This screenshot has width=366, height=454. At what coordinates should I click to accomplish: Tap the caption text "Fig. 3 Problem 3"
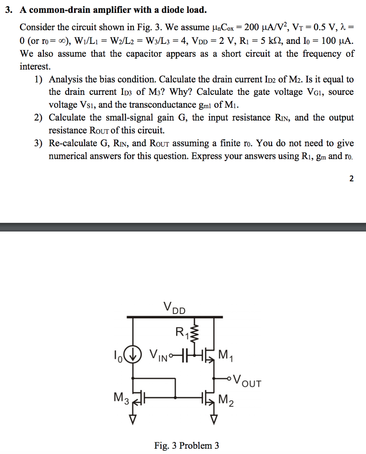186,445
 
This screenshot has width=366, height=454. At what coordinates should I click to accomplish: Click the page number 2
351,179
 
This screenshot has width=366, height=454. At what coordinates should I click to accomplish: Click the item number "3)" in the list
38,144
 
